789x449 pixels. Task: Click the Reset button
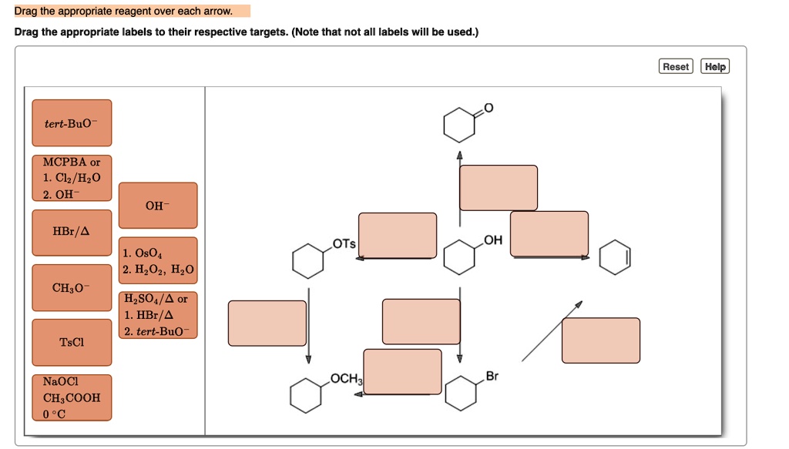(676, 67)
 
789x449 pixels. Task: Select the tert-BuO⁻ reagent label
(72, 123)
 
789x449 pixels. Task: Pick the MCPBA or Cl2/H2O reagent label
(72, 178)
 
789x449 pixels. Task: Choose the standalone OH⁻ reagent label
(158, 206)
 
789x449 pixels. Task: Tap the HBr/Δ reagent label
(72, 231)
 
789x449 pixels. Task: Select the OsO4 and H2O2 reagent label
(158, 260)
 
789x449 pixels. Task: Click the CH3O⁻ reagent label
(72, 288)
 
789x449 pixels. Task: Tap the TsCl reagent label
(72, 342)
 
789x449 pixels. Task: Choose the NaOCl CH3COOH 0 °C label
(72, 397)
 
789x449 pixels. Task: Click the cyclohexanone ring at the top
(459, 126)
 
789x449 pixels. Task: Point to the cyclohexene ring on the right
(614, 257)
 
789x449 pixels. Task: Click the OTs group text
(344, 244)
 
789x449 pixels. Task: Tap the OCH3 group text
(345, 378)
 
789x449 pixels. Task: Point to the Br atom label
(492, 377)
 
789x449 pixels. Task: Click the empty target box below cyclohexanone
(499, 188)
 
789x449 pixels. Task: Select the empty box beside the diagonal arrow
(600, 340)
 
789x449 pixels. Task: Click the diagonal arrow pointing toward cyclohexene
(552, 330)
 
